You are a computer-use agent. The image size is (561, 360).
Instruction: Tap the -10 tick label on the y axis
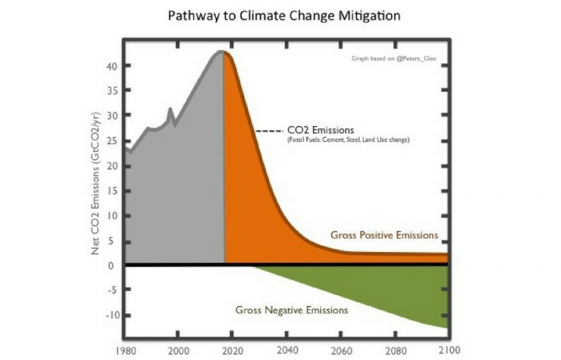pos(111,315)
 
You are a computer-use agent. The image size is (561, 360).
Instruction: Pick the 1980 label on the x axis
pos(125,351)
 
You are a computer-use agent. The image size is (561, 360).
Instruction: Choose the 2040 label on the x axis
pos(286,351)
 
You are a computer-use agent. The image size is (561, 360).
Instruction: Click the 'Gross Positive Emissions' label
pos(384,235)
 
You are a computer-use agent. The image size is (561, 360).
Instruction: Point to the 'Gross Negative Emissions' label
pos(291,310)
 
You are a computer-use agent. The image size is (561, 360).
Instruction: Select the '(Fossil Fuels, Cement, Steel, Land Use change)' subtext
pos(348,140)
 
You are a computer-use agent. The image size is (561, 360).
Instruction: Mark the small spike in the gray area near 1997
pos(170,110)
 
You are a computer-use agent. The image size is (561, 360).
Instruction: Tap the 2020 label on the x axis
pos(232,351)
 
